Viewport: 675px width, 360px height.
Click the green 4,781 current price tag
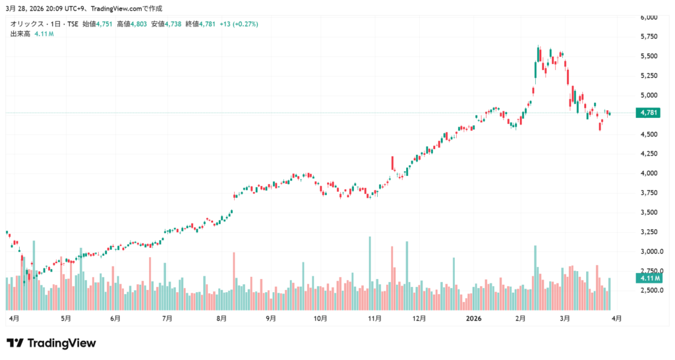click(647, 113)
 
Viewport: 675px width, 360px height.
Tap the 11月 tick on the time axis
click(374, 318)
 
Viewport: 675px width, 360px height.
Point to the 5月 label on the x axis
click(65, 318)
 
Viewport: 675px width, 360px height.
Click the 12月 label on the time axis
click(419, 318)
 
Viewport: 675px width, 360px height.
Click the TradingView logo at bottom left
click(51, 343)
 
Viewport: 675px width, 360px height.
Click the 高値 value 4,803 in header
click(137, 24)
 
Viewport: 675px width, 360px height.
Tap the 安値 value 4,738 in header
click(171, 24)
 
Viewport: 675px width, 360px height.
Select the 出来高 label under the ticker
click(20, 33)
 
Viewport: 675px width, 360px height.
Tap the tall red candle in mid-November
click(392, 163)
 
